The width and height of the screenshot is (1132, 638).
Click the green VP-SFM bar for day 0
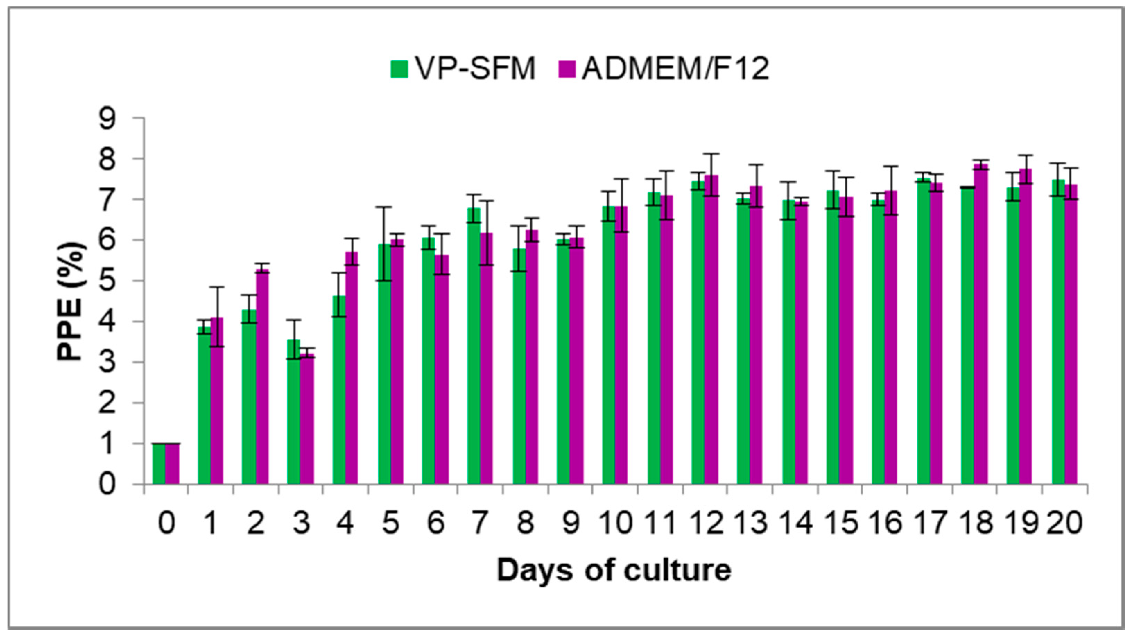[159, 464]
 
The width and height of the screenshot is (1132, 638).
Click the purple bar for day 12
[711, 330]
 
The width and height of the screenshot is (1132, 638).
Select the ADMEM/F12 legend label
[676, 69]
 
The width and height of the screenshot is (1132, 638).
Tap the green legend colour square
[399, 69]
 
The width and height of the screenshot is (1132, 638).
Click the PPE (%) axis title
[70, 301]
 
